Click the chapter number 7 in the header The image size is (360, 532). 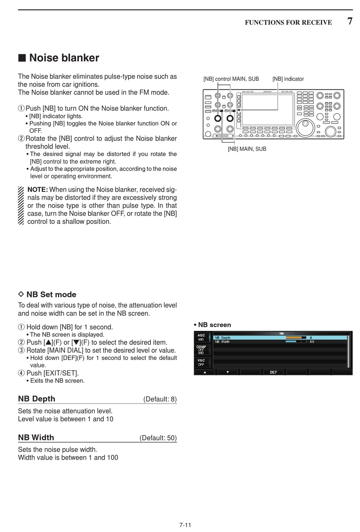350,21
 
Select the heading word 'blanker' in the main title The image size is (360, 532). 80,58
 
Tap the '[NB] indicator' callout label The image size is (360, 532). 288,79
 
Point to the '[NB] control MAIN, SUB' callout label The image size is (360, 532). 231,79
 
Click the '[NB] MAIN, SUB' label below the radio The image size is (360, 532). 247,149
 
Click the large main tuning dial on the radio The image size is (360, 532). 305,127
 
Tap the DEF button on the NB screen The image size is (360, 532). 273,372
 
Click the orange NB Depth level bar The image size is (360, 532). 294,337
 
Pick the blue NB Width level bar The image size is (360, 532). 291,341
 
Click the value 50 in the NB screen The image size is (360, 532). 312,342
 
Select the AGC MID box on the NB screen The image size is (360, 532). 201,337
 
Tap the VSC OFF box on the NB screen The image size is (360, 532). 201,362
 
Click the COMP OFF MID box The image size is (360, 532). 201,350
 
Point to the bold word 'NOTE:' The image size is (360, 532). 38,190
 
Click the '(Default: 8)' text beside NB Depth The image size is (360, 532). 160,399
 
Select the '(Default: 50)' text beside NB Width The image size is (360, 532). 158,438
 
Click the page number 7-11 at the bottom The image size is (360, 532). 185,525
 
